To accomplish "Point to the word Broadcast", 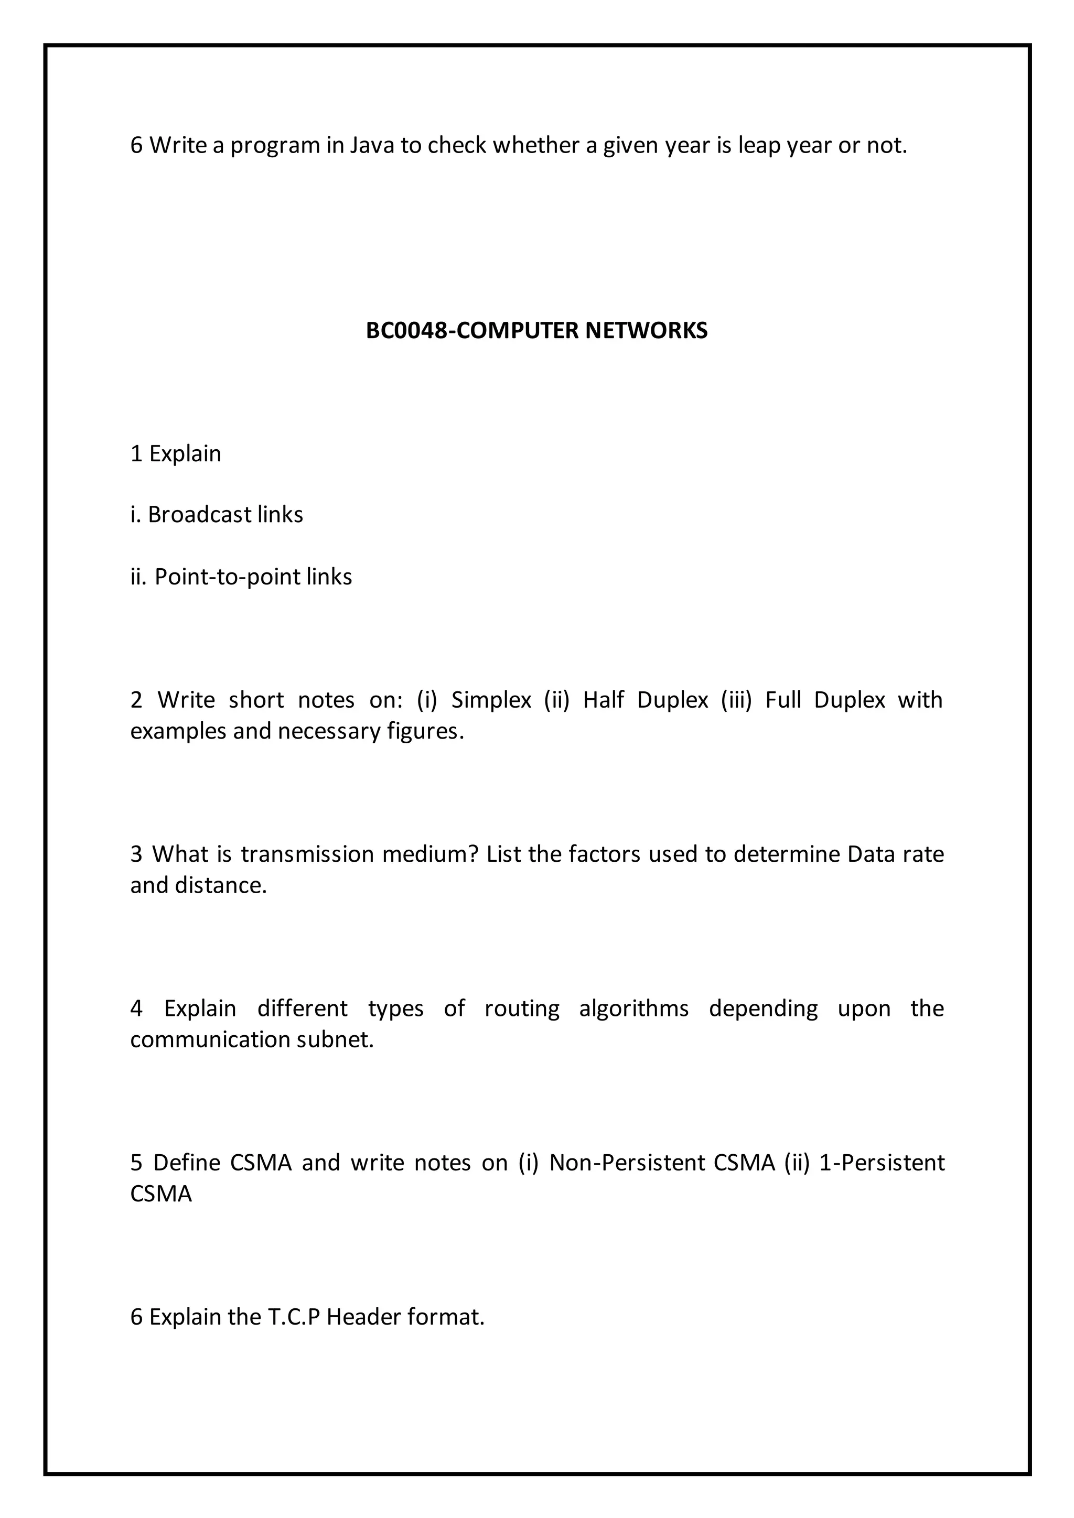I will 199,514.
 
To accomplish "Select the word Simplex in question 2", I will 491,699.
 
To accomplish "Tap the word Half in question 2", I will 603,699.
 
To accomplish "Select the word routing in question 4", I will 522,1009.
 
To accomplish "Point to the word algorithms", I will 633,1009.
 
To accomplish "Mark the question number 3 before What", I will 136,854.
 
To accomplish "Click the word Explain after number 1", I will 185,453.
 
